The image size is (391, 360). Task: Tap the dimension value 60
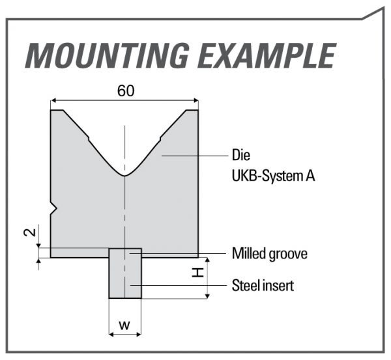(x=126, y=91)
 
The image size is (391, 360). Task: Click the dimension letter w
(x=124, y=324)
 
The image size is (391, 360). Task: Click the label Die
(x=240, y=156)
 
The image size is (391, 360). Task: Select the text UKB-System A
(x=274, y=174)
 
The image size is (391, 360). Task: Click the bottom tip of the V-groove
(x=124, y=175)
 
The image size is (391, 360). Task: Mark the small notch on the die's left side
(x=55, y=208)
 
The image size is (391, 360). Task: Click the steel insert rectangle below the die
(x=124, y=277)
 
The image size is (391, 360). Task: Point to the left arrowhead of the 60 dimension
(x=54, y=100)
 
